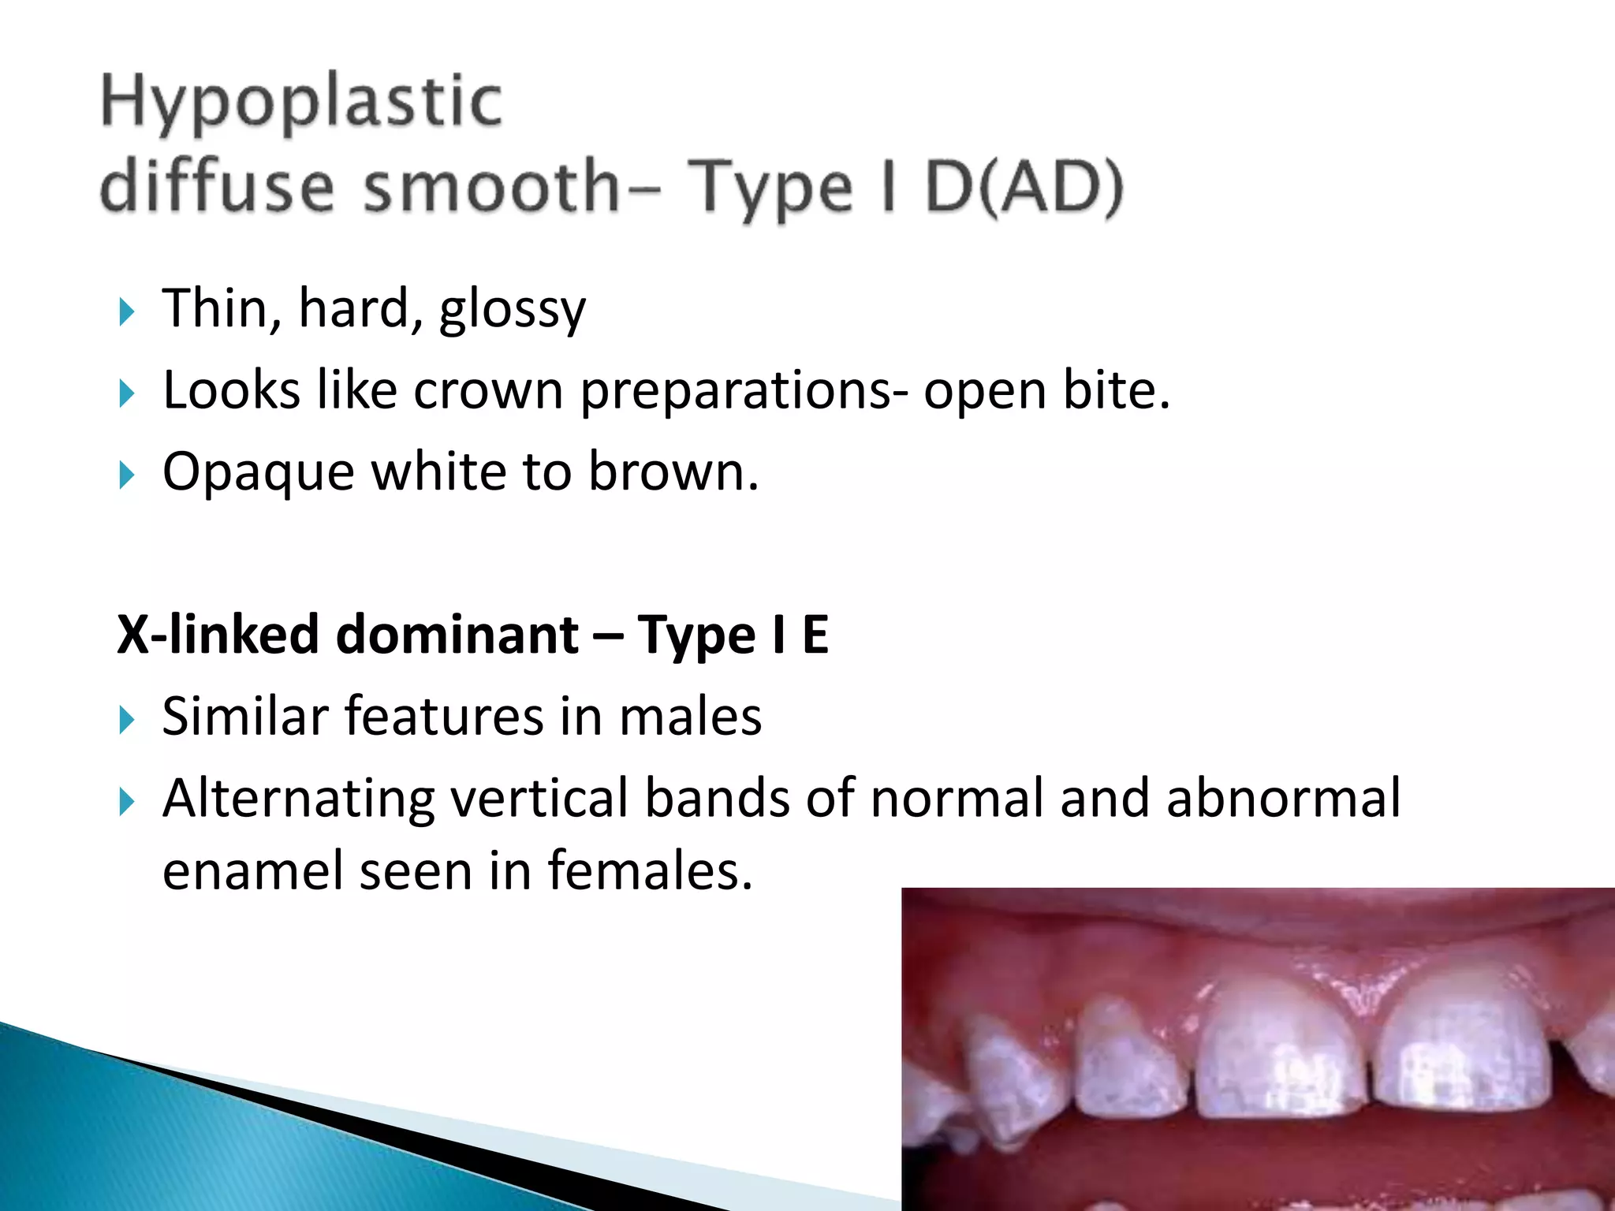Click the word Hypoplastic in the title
(301, 102)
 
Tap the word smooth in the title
(491, 187)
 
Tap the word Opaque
(258, 473)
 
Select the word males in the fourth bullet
(690, 717)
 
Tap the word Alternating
(298, 799)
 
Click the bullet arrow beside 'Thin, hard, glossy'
(126, 311)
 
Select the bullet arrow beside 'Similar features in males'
(126, 720)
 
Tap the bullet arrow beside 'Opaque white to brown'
(126, 475)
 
